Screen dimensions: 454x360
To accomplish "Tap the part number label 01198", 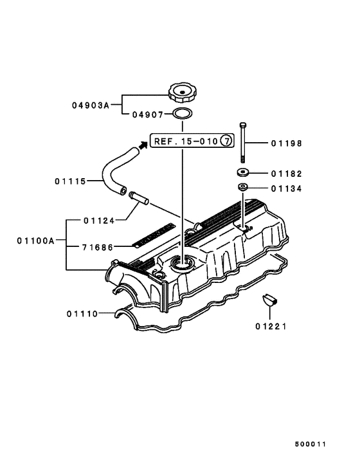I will pyautogui.click(x=286, y=143).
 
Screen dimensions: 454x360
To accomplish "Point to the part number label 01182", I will pyautogui.click(x=286, y=174).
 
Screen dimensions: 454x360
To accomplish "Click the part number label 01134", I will pyautogui.click(x=286, y=188).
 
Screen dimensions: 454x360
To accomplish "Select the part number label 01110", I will pyautogui.click(x=82, y=314).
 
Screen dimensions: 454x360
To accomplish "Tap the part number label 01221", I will pyautogui.click(x=270, y=326).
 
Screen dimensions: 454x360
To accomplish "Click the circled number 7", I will pyautogui.click(x=228, y=141).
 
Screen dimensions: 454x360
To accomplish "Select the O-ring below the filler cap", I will pyautogui.click(x=183, y=115).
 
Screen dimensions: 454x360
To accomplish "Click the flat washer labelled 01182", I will pyautogui.click(x=243, y=173).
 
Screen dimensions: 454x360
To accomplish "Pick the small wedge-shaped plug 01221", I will pyautogui.click(x=269, y=300).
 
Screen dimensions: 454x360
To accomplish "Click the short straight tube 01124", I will pyautogui.click(x=138, y=197).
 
